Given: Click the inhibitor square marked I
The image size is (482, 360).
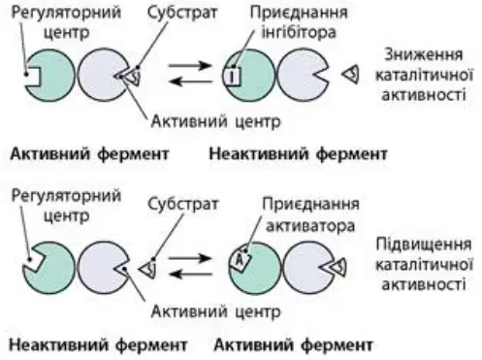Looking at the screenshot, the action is [x=232, y=77].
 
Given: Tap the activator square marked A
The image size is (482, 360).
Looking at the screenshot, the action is [x=241, y=259].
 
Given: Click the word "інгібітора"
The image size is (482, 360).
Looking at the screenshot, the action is [x=299, y=32].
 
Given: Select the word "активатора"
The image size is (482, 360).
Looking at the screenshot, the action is [x=310, y=225].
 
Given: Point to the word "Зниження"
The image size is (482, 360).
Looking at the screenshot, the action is [x=423, y=55].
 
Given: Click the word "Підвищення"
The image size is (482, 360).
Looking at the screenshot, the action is [x=424, y=244].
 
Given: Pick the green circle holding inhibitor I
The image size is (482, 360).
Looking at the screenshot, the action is [x=249, y=76].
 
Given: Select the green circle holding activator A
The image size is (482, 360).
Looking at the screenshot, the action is [x=254, y=268].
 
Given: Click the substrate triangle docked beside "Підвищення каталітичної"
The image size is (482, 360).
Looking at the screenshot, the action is [x=337, y=267].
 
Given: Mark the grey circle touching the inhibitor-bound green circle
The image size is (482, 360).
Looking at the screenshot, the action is [x=303, y=75].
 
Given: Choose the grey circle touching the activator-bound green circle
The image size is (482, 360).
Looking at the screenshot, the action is [x=308, y=268].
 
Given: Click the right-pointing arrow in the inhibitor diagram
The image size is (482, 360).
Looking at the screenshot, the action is [x=190, y=66].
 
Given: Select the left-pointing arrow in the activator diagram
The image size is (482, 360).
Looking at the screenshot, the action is [x=191, y=275].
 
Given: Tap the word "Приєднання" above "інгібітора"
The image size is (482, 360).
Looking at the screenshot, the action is [x=299, y=13].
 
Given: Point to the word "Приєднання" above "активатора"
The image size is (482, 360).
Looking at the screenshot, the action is [x=310, y=204].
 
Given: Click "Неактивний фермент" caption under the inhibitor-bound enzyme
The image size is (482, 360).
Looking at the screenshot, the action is [x=298, y=153].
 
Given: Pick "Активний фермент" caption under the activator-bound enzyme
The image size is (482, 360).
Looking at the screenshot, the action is [x=293, y=345].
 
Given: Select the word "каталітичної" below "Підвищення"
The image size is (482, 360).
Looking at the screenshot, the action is [x=424, y=265].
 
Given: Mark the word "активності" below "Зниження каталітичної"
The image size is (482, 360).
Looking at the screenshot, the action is [x=424, y=95].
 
